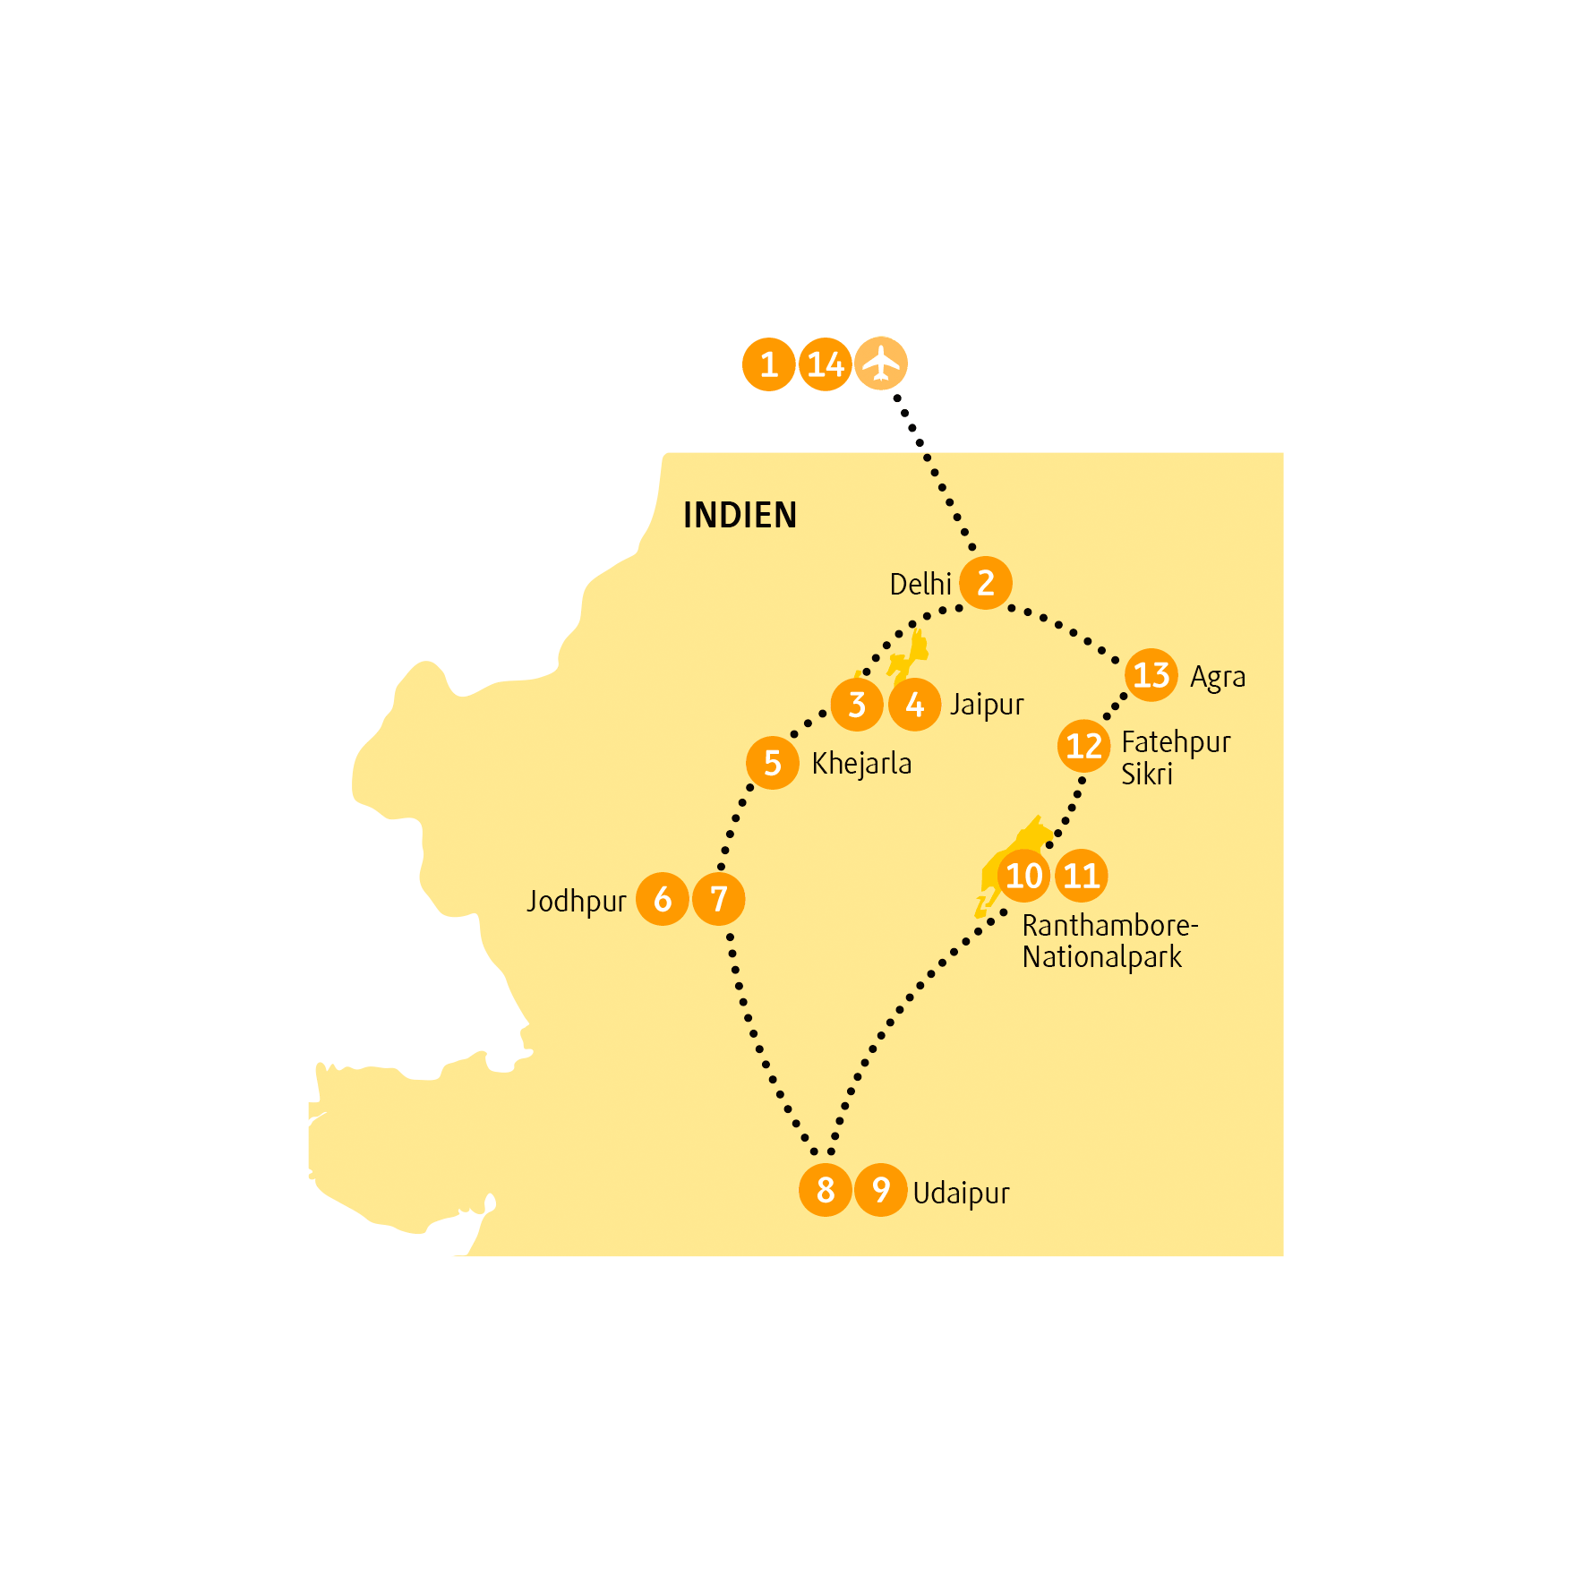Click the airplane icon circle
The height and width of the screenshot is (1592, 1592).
click(881, 364)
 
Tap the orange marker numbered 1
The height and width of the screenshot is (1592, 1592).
click(769, 364)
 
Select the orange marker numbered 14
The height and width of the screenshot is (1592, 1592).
click(825, 364)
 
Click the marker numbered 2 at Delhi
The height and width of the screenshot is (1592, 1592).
click(986, 583)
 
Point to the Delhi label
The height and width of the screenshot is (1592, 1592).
click(920, 584)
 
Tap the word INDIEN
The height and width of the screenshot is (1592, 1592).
click(740, 515)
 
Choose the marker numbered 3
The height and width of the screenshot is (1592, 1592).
click(857, 705)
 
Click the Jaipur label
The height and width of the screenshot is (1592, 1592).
click(987, 705)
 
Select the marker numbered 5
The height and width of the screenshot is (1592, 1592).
click(773, 763)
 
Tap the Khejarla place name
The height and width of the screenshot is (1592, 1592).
click(861, 764)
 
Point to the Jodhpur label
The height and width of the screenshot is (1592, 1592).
click(576, 901)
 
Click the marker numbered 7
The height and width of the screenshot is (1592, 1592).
click(719, 899)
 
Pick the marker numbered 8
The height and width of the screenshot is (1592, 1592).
click(826, 1190)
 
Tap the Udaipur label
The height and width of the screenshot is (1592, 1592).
click(961, 1194)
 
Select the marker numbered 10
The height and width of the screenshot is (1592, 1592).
click(1024, 876)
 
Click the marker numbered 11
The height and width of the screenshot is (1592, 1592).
click(1082, 876)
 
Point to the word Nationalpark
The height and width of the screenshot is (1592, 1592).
click(1102, 957)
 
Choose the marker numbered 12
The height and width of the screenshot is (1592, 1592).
click(1084, 746)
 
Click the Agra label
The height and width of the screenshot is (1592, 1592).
click(1218, 678)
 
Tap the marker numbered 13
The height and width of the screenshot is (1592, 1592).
click(1151, 675)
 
